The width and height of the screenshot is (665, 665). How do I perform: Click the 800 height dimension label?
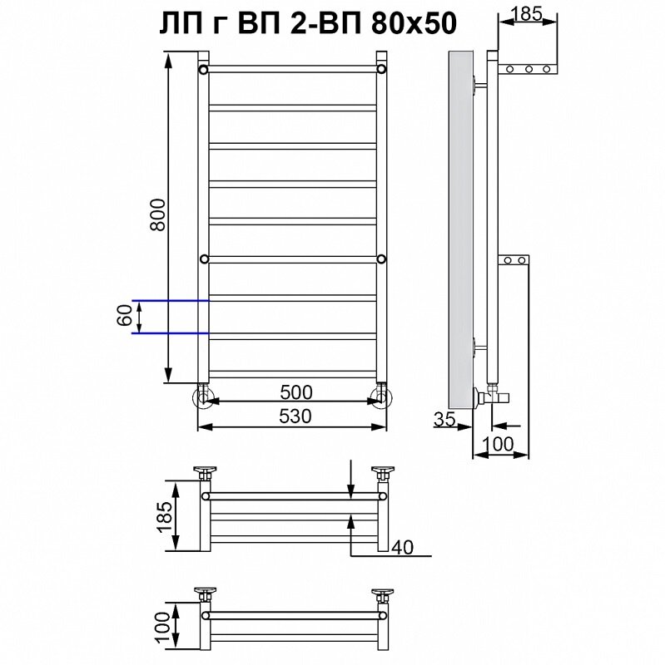point(158,214)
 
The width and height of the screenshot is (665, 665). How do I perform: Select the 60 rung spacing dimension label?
point(124,316)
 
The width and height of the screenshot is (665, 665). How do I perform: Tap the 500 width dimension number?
point(296,392)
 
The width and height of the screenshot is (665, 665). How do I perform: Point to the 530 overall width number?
point(295,416)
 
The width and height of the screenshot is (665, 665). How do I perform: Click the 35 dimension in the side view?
point(444,419)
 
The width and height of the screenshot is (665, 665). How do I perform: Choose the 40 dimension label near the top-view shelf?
point(402,547)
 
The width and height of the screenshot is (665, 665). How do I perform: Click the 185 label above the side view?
point(527,14)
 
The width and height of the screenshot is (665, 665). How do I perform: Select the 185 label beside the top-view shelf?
point(165,516)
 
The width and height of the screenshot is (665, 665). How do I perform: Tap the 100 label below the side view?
point(498,444)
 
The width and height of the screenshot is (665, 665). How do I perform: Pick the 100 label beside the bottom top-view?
point(162,628)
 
